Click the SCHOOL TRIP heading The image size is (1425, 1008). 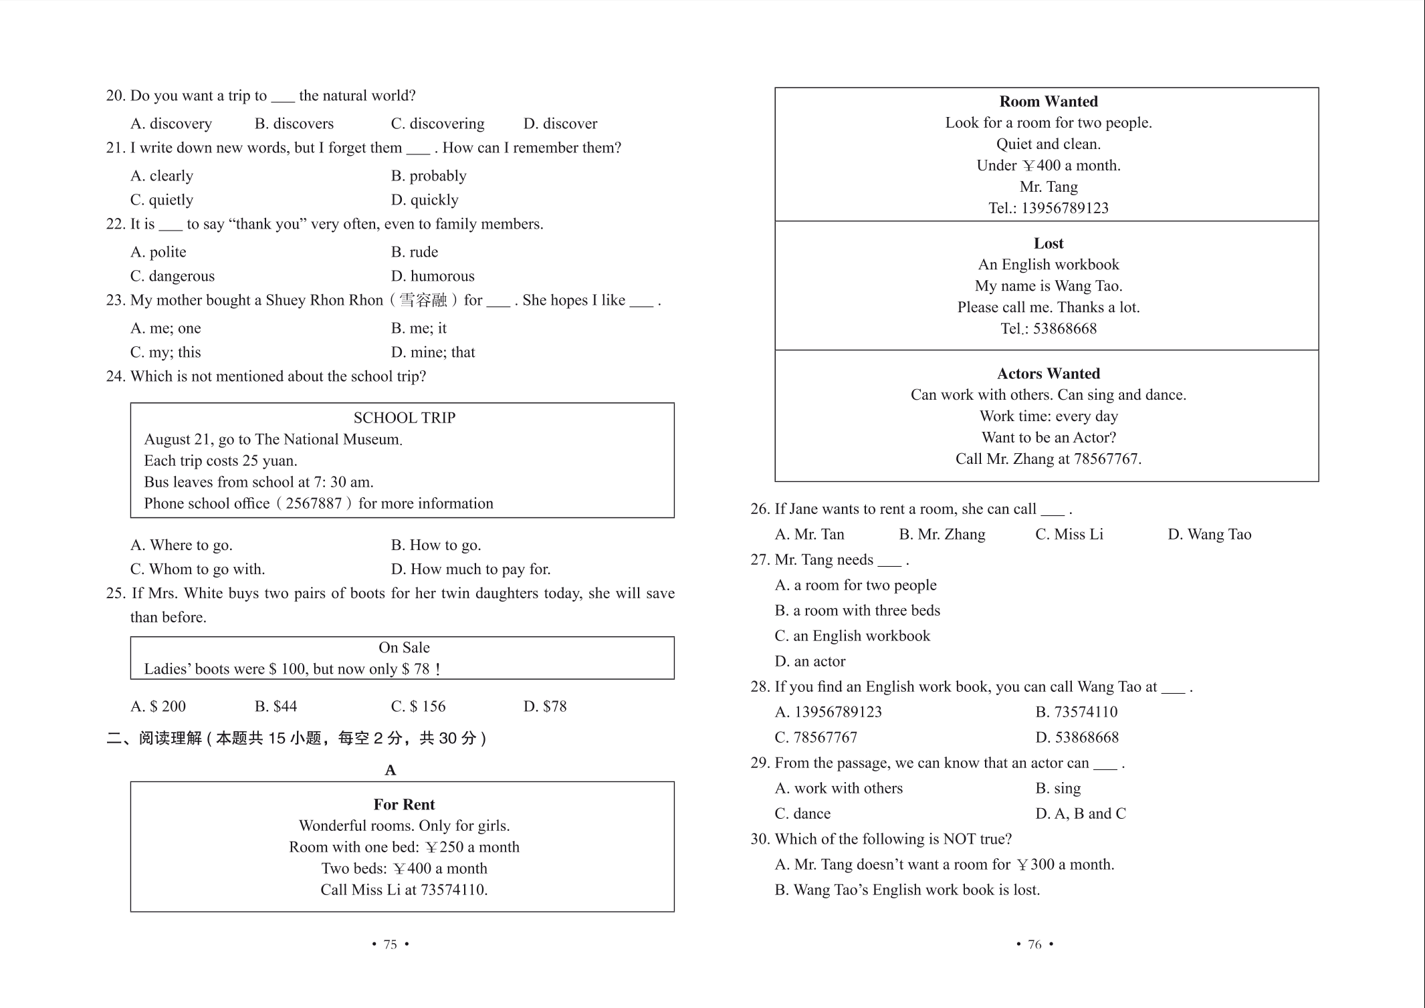pyautogui.click(x=404, y=418)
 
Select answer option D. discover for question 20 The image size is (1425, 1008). pyautogui.click(x=560, y=124)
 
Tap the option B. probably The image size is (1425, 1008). pyautogui.click(x=429, y=176)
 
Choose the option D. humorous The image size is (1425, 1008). pyautogui.click(x=433, y=276)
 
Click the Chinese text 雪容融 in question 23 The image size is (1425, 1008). pyautogui.click(x=423, y=300)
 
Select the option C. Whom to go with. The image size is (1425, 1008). pyautogui.click(x=197, y=569)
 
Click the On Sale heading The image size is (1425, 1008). pyautogui.click(x=404, y=647)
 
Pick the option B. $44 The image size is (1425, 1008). pyautogui.click(x=276, y=707)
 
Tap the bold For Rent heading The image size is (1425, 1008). pyautogui.click(x=404, y=804)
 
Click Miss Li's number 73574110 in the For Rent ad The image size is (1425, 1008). pyautogui.click(x=453, y=890)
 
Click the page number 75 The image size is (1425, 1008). pyautogui.click(x=390, y=944)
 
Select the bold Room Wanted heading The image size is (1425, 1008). pyautogui.click(x=1048, y=102)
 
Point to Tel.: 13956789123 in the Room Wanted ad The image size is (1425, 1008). pyautogui.click(x=1048, y=208)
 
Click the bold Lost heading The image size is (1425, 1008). pyautogui.click(x=1048, y=243)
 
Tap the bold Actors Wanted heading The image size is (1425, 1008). pyautogui.click(x=1048, y=374)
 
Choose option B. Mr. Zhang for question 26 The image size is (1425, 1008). pyautogui.click(x=942, y=534)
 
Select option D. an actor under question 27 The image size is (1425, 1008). pyautogui.click(x=810, y=661)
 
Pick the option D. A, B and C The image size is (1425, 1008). pyautogui.click(x=1080, y=813)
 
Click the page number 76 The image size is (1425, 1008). pyautogui.click(x=1034, y=944)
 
